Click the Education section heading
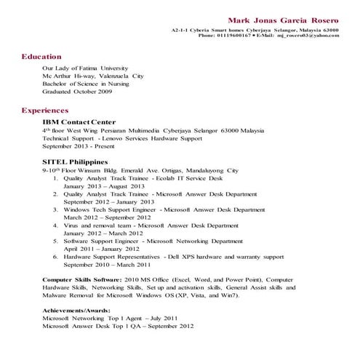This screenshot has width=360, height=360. [41, 56]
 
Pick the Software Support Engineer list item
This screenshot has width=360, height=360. [153, 241]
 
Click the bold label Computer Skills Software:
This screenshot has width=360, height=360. [81, 279]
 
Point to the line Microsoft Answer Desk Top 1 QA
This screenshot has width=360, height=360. [118, 327]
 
